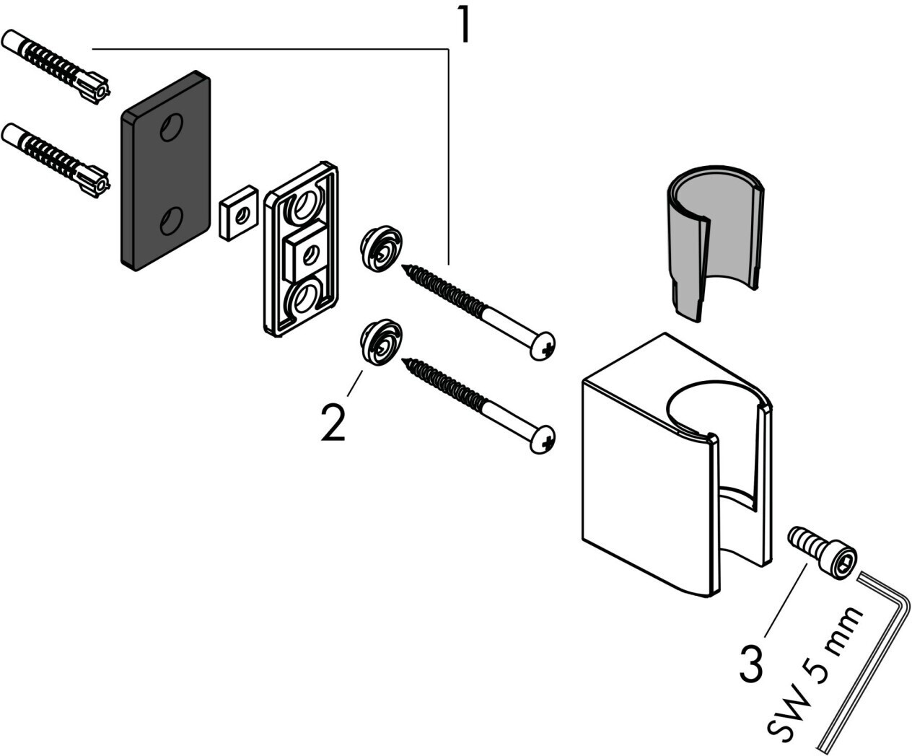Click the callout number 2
click(x=333, y=422)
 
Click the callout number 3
click(x=752, y=664)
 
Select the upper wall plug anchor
click(x=56, y=66)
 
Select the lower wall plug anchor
click(x=56, y=160)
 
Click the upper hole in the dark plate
click(x=171, y=127)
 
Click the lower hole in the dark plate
click(x=171, y=221)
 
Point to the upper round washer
click(x=380, y=248)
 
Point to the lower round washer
click(x=380, y=342)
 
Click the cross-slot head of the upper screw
click(x=543, y=346)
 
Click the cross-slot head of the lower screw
click(x=543, y=440)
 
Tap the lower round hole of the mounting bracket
click(x=305, y=298)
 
